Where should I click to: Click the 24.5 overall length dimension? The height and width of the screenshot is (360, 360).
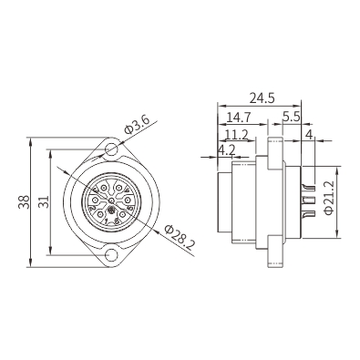pos(262,98)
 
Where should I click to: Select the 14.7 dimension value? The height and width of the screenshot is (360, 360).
pos(239,117)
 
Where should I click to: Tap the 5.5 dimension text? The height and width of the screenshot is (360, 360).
pos(291,117)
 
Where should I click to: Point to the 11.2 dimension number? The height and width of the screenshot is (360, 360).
pos(237,135)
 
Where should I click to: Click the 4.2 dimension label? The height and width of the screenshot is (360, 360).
pos(227,150)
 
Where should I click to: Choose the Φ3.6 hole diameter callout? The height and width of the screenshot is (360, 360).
pos(138,125)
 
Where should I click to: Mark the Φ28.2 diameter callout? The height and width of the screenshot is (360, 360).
pos(180,238)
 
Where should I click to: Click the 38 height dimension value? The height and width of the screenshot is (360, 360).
pos(24,201)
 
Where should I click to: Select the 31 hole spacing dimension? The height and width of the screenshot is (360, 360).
pos(44,201)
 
